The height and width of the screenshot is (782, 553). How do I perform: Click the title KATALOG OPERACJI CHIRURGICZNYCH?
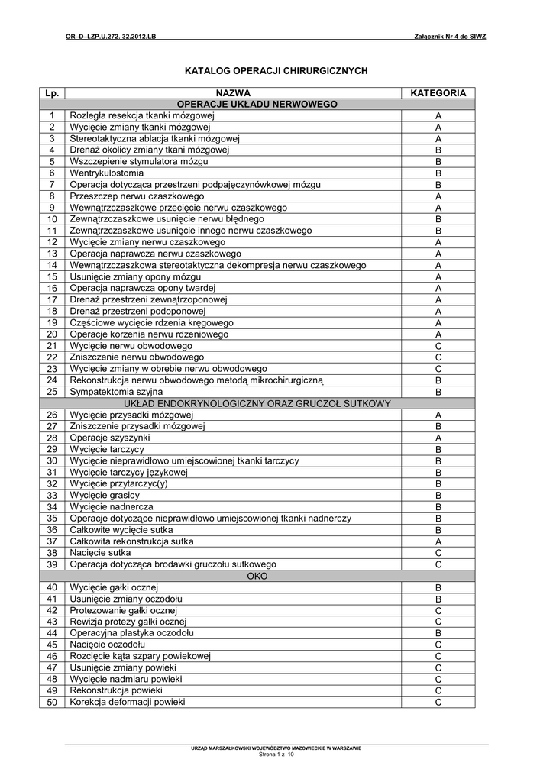[x=276, y=70]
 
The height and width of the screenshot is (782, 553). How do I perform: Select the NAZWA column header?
[x=233, y=92]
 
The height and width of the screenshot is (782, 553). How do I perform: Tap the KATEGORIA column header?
[x=438, y=92]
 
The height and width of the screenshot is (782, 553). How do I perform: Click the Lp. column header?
[x=52, y=92]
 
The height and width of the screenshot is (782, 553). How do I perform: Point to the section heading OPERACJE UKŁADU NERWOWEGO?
[x=257, y=104]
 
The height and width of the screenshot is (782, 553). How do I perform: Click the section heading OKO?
[x=257, y=576]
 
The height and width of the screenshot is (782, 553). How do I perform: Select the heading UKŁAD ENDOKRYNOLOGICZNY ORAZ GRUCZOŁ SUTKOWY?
[x=257, y=403]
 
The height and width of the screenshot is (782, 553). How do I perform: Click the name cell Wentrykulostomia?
[x=107, y=173]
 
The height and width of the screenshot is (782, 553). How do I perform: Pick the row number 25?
[x=52, y=392]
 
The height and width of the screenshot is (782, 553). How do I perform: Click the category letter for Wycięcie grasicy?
[x=438, y=496]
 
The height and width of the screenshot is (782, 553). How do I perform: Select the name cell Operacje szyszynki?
[x=110, y=438]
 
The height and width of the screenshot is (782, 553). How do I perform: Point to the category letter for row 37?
[x=438, y=541]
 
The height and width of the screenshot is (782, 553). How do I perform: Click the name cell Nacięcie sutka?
[x=100, y=553]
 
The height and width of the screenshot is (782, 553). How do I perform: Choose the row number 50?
[x=52, y=703]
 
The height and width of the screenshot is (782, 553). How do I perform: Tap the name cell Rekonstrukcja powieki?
[x=116, y=691]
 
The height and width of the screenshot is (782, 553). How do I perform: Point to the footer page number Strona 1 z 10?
[x=276, y=755]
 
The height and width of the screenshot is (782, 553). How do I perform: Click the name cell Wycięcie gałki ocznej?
[x=114, y=587]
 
